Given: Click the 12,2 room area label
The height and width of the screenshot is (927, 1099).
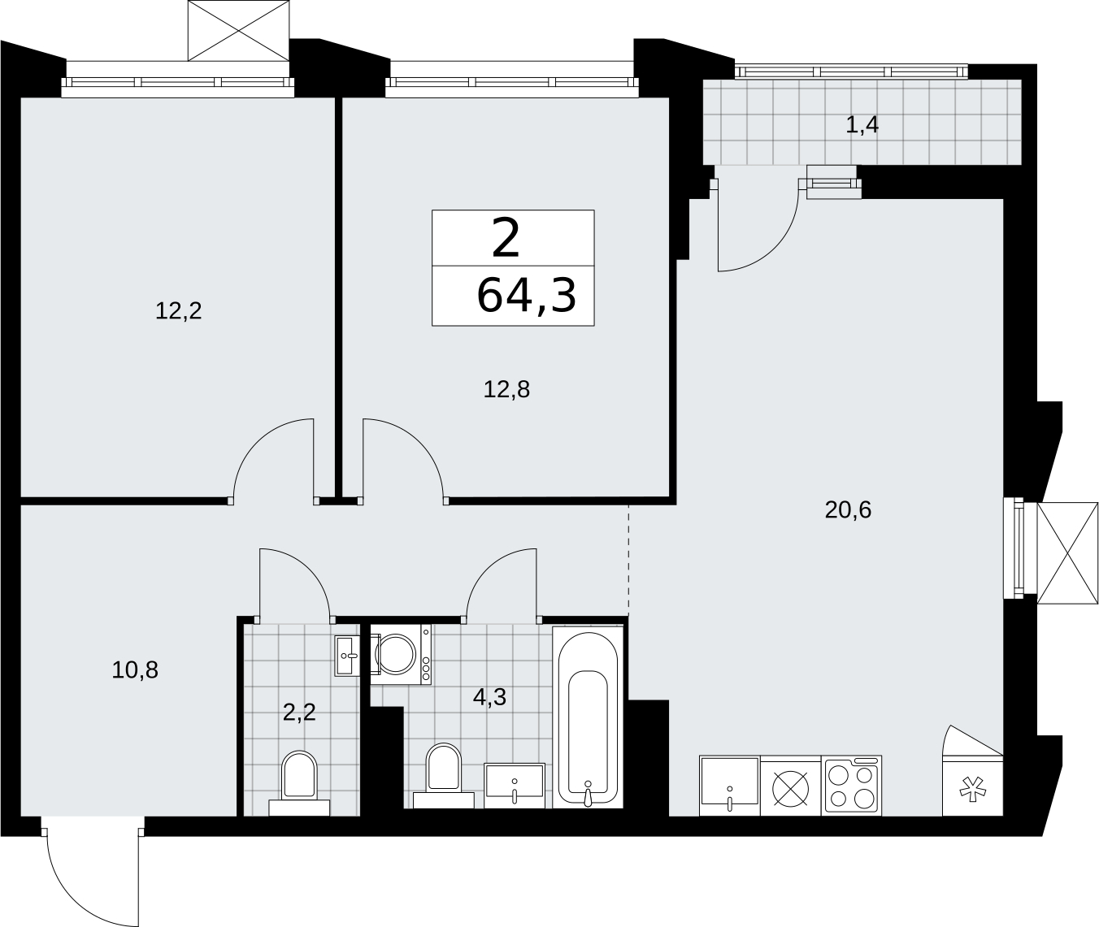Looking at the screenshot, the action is click(x=179, y=311).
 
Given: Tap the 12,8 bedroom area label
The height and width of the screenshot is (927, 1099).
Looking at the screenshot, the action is click(x=506, y=390).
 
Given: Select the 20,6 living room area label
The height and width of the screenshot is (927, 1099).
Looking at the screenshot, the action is click(x=848, y=509).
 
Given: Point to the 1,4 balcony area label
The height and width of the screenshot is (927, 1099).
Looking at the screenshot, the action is click(x=862, y=125).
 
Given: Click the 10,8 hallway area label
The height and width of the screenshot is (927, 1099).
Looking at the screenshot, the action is click(x=135, y=670).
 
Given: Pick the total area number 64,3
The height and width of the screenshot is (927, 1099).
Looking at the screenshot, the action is click(x=527, y=297).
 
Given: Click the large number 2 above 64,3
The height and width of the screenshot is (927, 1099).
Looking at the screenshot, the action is click(x=506, y=238).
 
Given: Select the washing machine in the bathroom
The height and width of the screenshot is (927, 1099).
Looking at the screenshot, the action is click(x=401, y=655).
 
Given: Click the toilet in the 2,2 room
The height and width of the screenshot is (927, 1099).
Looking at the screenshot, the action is click(x=299, y=783).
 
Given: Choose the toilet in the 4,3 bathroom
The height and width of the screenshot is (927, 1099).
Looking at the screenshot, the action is click(x=444, y=776).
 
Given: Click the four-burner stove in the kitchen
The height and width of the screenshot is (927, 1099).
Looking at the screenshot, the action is click(x=852, y=786).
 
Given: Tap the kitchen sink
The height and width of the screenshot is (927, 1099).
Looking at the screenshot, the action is click(x=729, y=786).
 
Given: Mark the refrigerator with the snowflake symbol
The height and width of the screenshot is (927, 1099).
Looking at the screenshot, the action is click(x=973, y=786).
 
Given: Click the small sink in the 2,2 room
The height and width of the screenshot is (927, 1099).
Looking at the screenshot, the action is click(x=347, y=656).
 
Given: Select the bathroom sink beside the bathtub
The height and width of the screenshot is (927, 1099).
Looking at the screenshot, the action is click(x=515, y=786).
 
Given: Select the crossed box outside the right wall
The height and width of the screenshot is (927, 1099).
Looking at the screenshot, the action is click(x=1067, y=553).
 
